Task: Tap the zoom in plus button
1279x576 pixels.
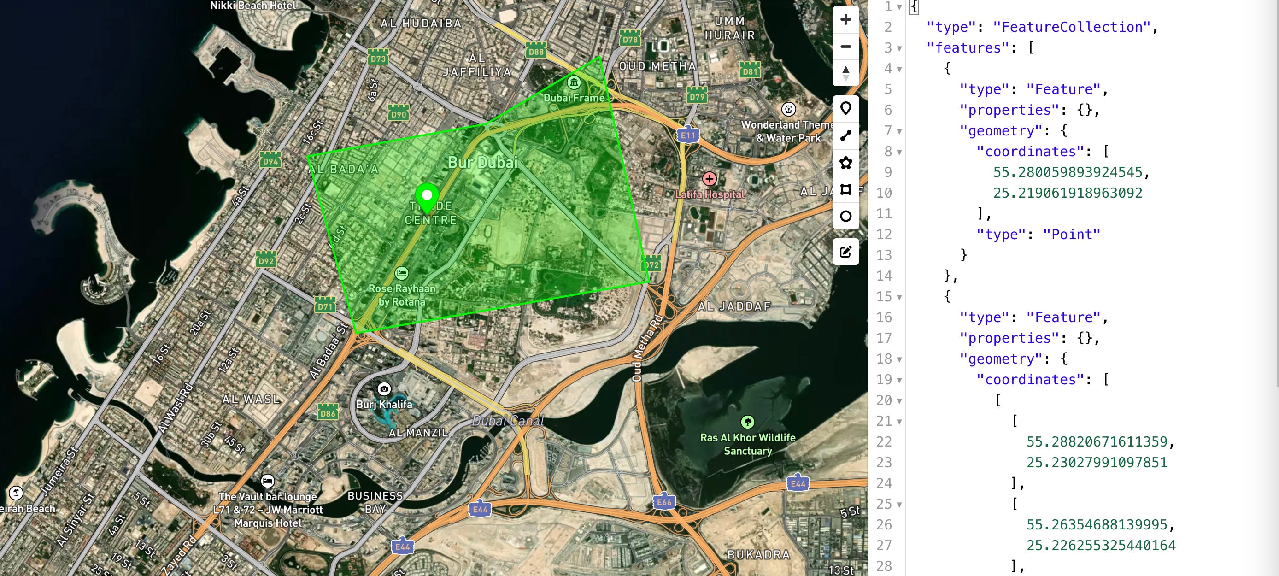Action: pos(845,20)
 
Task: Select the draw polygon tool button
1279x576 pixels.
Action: pos(845,162)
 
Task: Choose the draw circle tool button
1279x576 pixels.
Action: pos(845,216)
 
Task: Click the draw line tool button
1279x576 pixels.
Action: pos(845,135)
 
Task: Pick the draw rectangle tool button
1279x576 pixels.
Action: pos(845,189)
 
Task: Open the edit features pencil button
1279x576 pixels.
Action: pos(845,252)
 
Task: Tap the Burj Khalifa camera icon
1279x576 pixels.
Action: pos(384,389)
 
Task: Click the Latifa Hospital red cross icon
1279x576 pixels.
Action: pos(709,179)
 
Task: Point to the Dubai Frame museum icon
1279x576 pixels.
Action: pos(574,82)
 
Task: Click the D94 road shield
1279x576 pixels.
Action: pos(270,160)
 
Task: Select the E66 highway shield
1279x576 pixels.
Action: pos(664,501)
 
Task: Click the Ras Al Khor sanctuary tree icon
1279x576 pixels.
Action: pos(747,422)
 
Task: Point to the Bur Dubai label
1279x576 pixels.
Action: pos(482,162)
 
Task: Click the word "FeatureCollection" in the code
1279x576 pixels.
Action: pos(1072,27)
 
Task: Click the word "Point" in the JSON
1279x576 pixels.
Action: pos(1072,235)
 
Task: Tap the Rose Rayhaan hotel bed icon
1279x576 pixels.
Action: pos(401,273)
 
